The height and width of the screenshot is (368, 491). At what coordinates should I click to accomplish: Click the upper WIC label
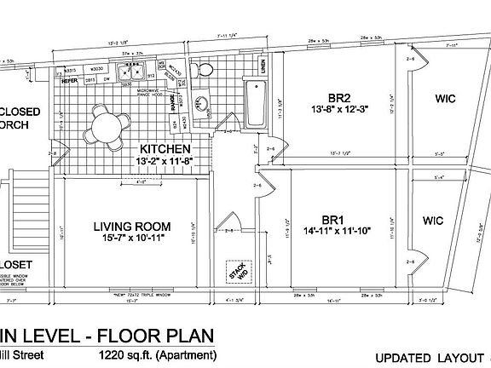[444, 100]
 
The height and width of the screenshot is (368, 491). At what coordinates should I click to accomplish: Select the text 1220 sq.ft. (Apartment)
[157, 355]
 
